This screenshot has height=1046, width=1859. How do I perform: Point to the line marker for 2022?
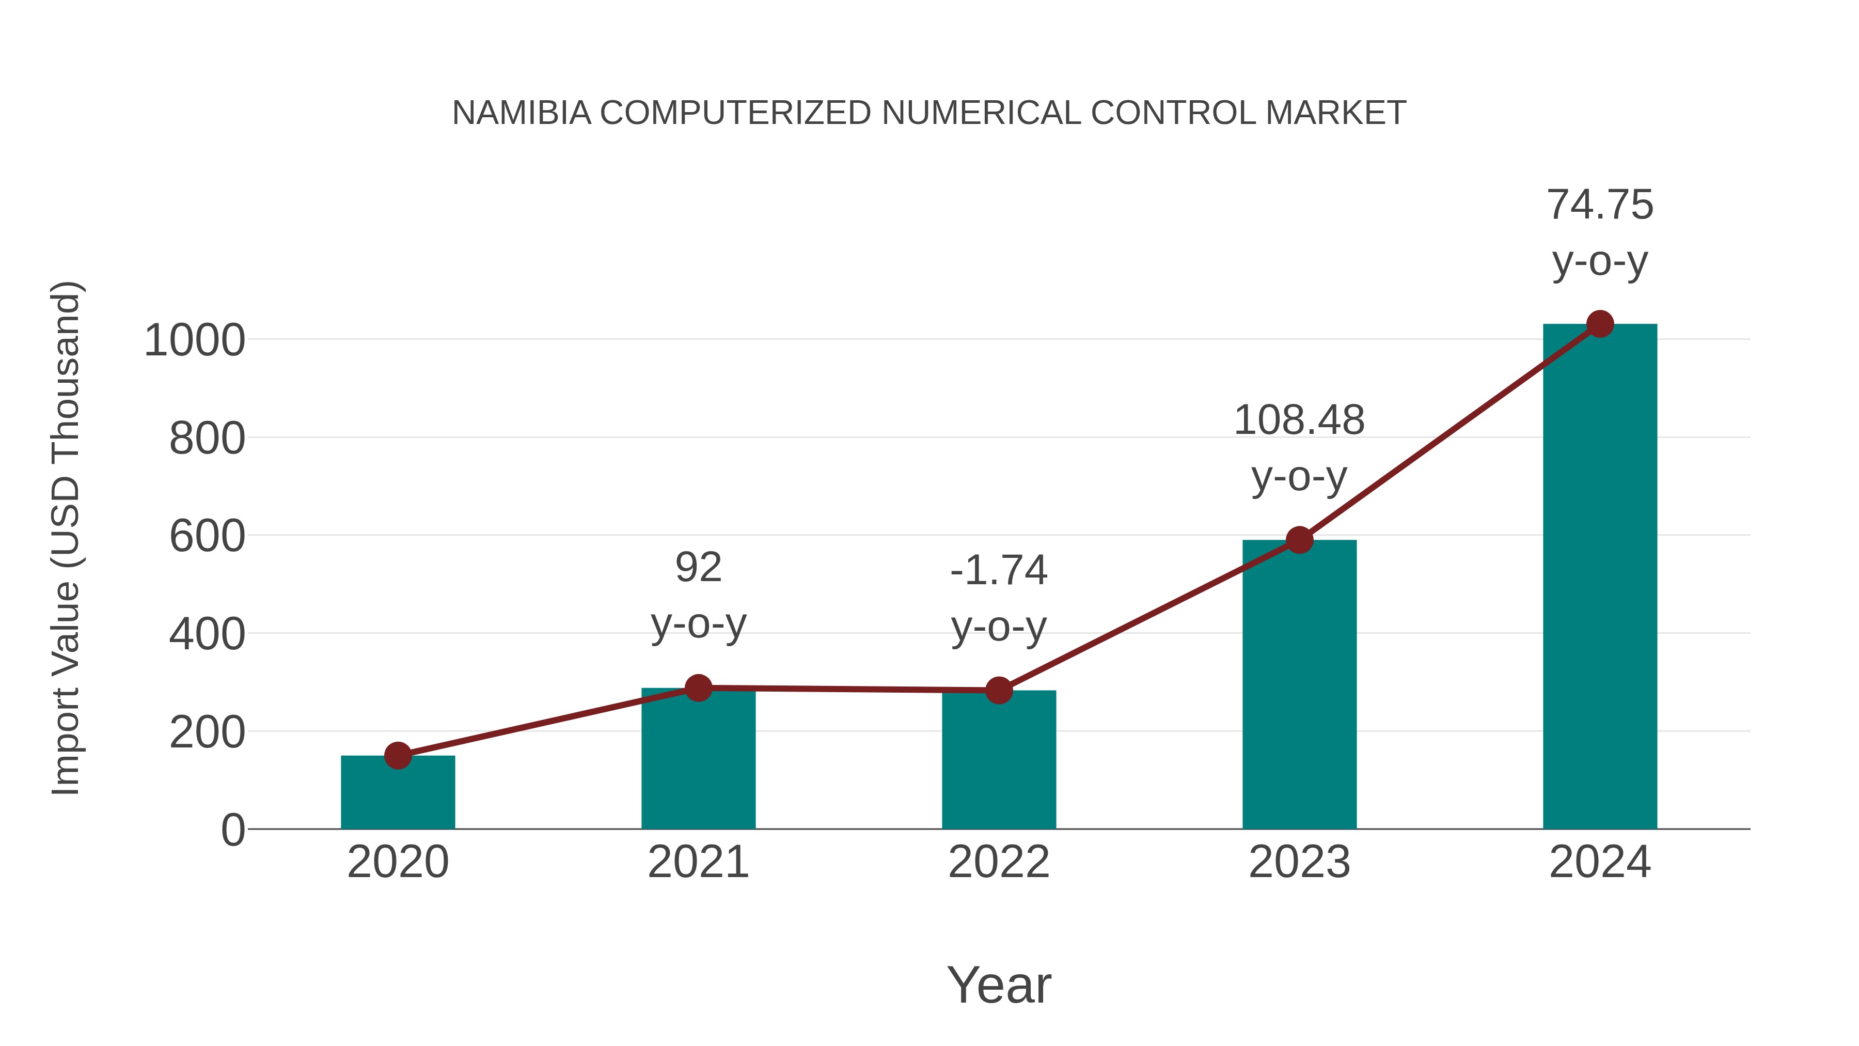click(x=998, y=691)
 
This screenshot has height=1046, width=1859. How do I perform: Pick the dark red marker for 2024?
click(x=1600, y=324)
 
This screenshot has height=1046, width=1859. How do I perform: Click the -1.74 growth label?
click(x=998, y=570)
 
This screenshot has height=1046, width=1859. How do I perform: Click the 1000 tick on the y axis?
click(x=195, y=341)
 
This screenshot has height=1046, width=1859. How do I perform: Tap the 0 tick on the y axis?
click(x=232, y=830)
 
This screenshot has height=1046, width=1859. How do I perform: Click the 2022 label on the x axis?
click(x=998, y=862)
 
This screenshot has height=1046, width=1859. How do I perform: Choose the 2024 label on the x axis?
click(x=1599, y=862)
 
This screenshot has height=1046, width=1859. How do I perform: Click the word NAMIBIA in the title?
click(x=521, y=113)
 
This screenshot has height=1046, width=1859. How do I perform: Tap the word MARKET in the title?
click(x=1335, y=113)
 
